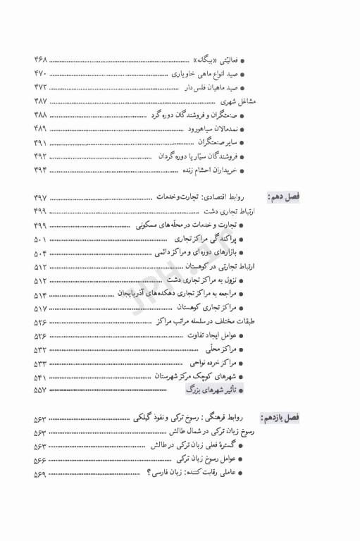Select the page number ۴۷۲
click(40, 87)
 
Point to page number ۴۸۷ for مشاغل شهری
click(40, 101)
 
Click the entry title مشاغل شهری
click(235, 101)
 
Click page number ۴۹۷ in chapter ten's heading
click(40, 198)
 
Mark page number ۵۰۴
click(40, 252)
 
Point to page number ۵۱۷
click(40, 309)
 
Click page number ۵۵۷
click(40, 390)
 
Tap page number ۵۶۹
click(40, 472)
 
